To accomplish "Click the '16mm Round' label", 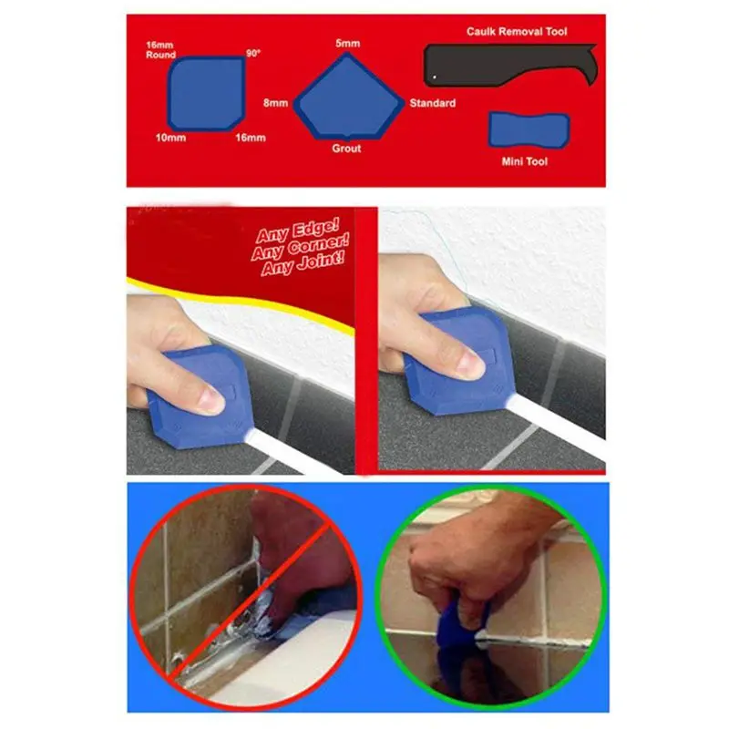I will click(160, 49).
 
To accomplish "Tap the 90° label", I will click(252, 54).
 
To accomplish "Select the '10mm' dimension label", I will click(170, 138).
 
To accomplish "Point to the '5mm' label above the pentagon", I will click(347, 43).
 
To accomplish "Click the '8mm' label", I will click(276, 103).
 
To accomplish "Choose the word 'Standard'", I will click(432, 103).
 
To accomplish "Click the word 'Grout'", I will click(346, 149).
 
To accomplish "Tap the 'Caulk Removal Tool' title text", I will click(517, 32).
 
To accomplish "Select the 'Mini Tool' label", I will click(525, 161).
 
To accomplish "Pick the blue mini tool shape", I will click(529, 130).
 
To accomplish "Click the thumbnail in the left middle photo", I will click(210, 397).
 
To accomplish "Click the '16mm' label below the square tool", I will click(251, 138).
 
